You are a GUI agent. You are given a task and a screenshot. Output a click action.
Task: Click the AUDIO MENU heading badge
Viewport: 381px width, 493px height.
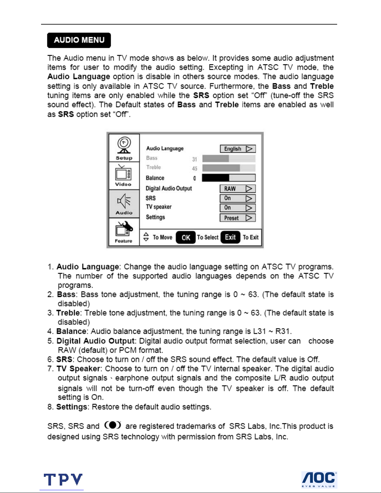click(x=79, y=40)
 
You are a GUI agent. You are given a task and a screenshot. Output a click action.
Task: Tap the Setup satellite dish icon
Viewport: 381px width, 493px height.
click(x=124, y=146)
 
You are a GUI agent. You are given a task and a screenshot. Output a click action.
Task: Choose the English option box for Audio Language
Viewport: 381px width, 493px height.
click(x=238, y=149)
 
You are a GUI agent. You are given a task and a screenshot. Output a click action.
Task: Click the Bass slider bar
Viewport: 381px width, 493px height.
click(x=229, y=159)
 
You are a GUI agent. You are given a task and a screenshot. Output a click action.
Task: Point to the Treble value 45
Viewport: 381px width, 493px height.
click(x=195, y=169)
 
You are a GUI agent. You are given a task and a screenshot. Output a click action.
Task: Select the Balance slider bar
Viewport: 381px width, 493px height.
click(x=229, y=178)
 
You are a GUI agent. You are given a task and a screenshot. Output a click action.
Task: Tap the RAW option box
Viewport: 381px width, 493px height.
click(x=238, y=189)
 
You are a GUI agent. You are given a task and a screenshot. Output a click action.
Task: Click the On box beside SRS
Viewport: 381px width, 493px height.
click(x=238, y=198)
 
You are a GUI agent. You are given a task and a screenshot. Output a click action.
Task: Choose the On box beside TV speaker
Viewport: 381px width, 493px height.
click(x=238, y=208)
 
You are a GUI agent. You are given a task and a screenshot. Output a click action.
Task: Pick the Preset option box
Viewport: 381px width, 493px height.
click(x=238, y=218)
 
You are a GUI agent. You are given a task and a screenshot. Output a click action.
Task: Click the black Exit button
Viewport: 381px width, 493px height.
click(x=230, y=237)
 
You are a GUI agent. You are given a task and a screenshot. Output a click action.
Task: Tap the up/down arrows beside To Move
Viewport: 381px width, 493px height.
click(x=146, y=237)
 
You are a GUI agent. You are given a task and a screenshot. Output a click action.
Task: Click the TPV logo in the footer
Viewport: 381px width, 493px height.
click(x=63, y=480)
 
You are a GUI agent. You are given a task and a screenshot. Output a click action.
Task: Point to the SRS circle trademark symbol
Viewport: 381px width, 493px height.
click(x=113, y=425)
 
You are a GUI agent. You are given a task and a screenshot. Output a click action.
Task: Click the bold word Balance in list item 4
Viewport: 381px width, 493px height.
click(x=72, y=332)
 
